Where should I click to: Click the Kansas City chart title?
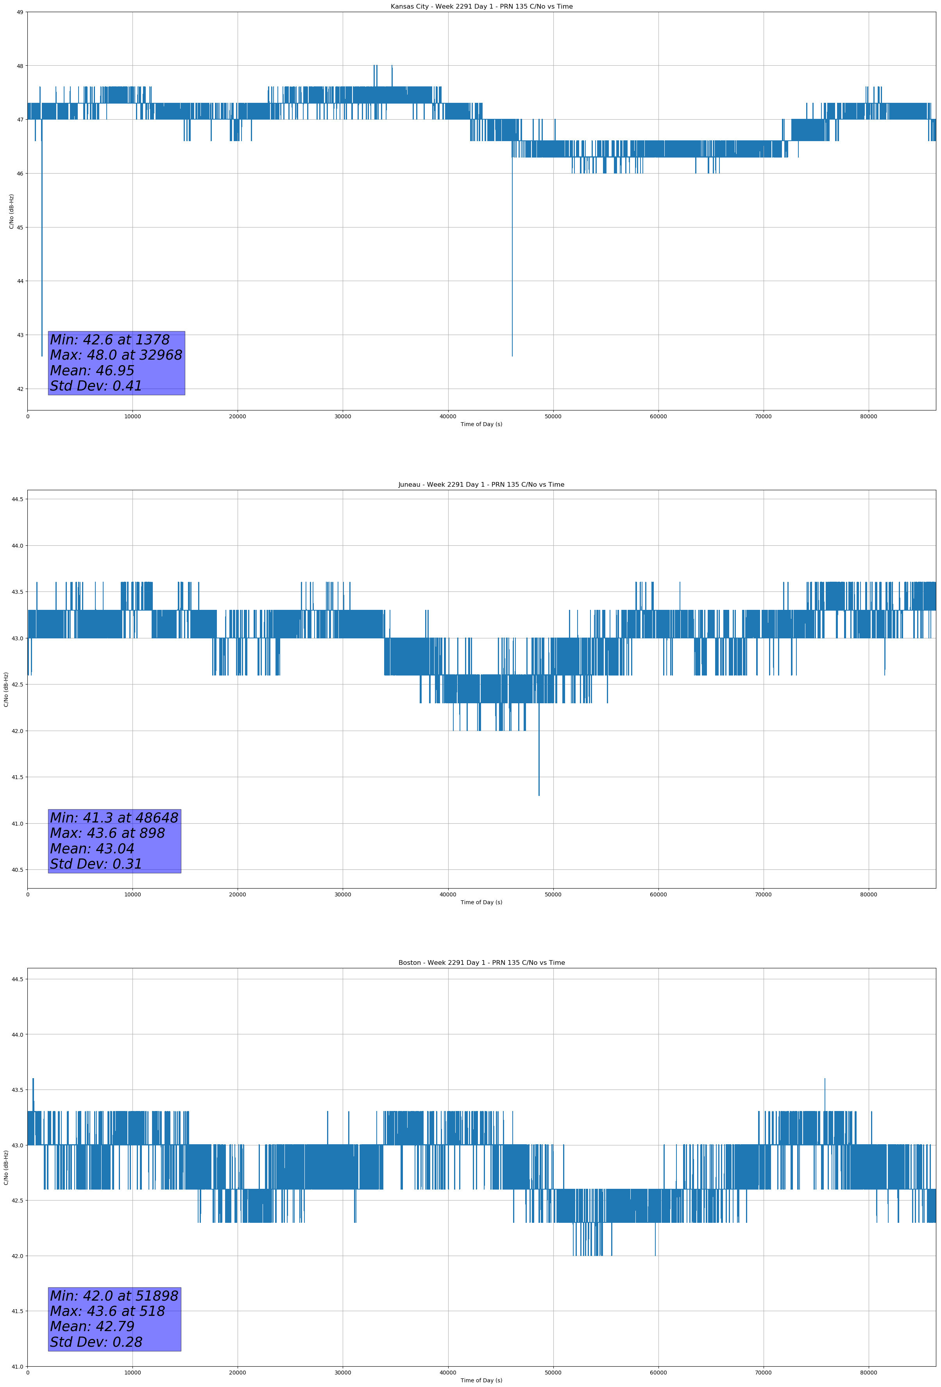coord(481,7)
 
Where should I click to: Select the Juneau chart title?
coord(481,485)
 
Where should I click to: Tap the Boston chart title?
coord(481,963)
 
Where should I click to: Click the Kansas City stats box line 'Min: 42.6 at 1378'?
coord(110,340)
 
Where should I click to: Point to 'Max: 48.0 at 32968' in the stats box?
coord(116,355)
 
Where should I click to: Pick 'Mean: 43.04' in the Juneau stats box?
coord(92,849)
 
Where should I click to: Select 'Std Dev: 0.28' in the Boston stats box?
coord(96,1342)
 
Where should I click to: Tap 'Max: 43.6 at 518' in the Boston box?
coord(107,1311)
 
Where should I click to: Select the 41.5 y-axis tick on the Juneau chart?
coord(17,777)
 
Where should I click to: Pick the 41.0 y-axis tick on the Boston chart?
coord(17,1367)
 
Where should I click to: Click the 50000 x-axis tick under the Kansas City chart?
coord(553,417)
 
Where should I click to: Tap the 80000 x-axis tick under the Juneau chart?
coord(869,894)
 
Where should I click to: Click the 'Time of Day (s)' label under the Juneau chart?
coord(481,902)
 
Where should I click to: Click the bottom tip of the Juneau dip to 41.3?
coord(539,796)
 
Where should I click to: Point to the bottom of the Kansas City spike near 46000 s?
coord(512,356)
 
